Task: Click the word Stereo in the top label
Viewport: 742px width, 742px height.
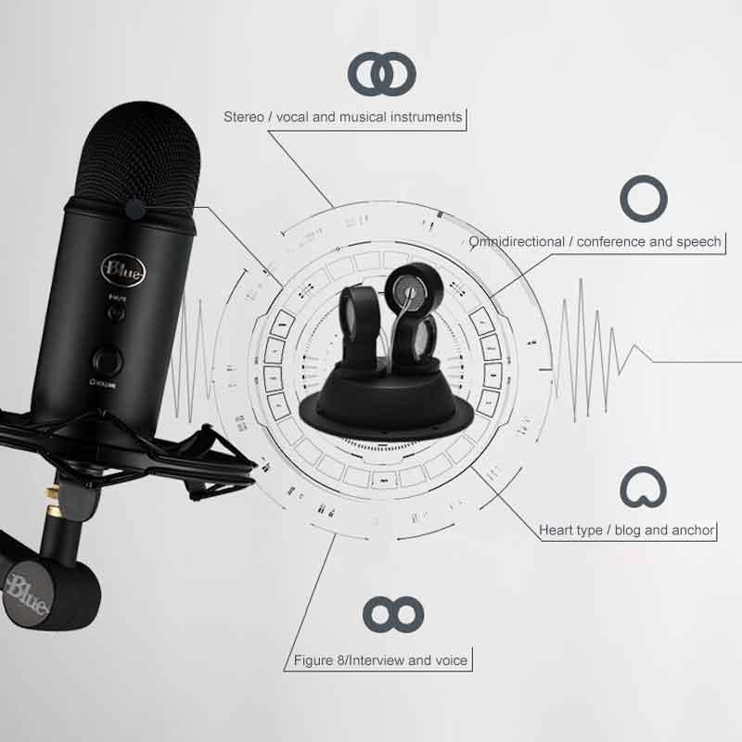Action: click(x=244, y=117)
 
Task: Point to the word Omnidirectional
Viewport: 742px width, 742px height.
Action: click(x=517, y=242)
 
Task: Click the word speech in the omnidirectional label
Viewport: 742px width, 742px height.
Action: click(x=698, y=242)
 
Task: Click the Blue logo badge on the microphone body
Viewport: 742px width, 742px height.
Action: click(x=123, y=270)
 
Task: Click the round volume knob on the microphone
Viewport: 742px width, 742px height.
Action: click(x=109, y=361)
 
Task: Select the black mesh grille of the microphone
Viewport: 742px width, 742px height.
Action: click(x=138, y=154)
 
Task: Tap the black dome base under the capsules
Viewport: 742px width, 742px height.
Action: click(x=386, y=402)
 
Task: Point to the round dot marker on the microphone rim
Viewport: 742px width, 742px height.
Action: click(x=135, y=210)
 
